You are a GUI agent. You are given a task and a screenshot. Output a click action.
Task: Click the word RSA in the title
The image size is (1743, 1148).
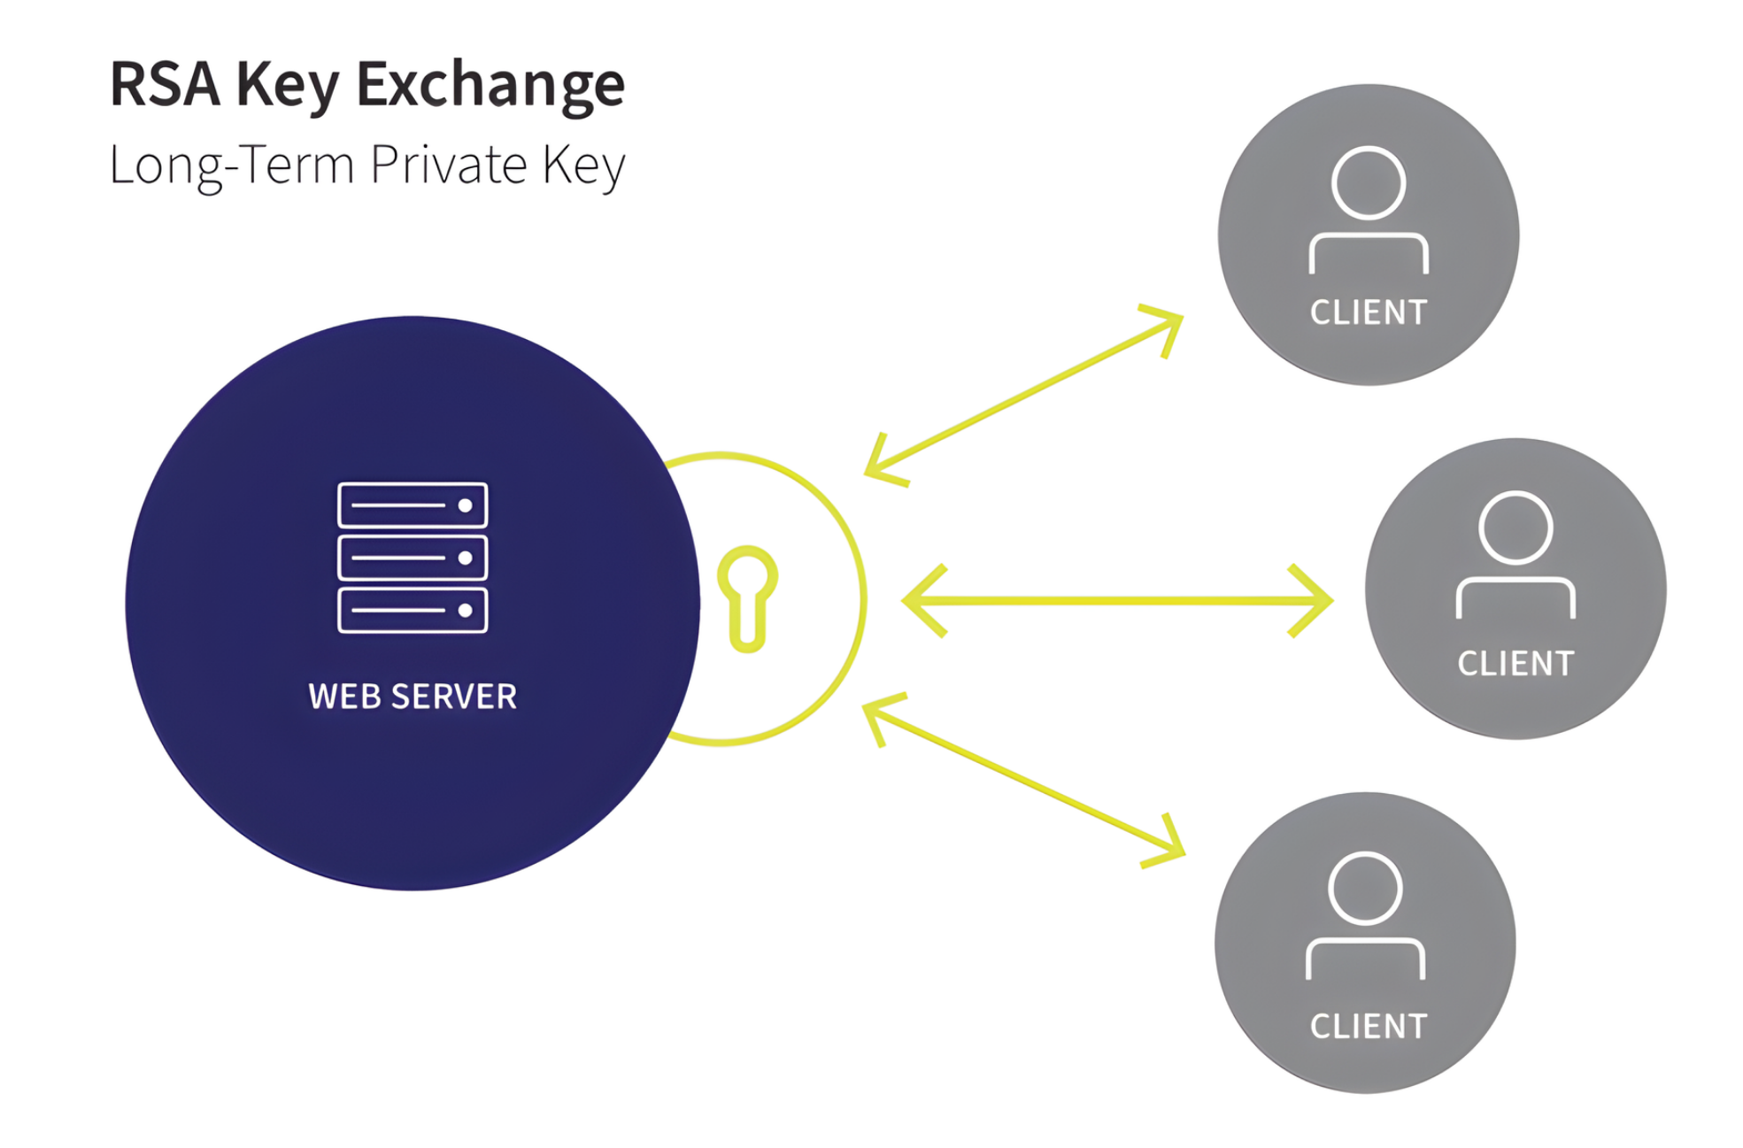tap(165, 85)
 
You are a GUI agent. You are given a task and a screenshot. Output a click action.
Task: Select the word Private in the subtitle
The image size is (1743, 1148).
tap(449, 165)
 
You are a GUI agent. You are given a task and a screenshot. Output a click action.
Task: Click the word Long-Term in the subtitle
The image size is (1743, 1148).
tap(231, 165)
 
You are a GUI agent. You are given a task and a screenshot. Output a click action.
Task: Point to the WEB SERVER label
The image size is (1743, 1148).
tap(413, 697)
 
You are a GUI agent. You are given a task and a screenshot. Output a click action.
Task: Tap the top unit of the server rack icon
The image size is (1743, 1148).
tap(413, 505)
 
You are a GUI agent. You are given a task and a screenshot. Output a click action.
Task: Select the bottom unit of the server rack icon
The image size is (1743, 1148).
tap(413, 610)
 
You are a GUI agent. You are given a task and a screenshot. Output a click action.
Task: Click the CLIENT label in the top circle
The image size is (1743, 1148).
tap(1369, 312)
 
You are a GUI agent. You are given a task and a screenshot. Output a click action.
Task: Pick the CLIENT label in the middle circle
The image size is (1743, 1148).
tap(1515, 664)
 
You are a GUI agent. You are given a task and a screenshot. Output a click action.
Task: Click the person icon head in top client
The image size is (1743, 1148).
tap(1369, 183)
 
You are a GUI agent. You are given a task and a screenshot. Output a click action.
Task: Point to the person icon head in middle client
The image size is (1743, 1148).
tap(1515, 528)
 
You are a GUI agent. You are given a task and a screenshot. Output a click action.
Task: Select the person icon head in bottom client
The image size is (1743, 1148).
tap(1365, 888)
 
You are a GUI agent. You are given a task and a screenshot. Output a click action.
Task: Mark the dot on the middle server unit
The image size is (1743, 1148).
tap(465, 558)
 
